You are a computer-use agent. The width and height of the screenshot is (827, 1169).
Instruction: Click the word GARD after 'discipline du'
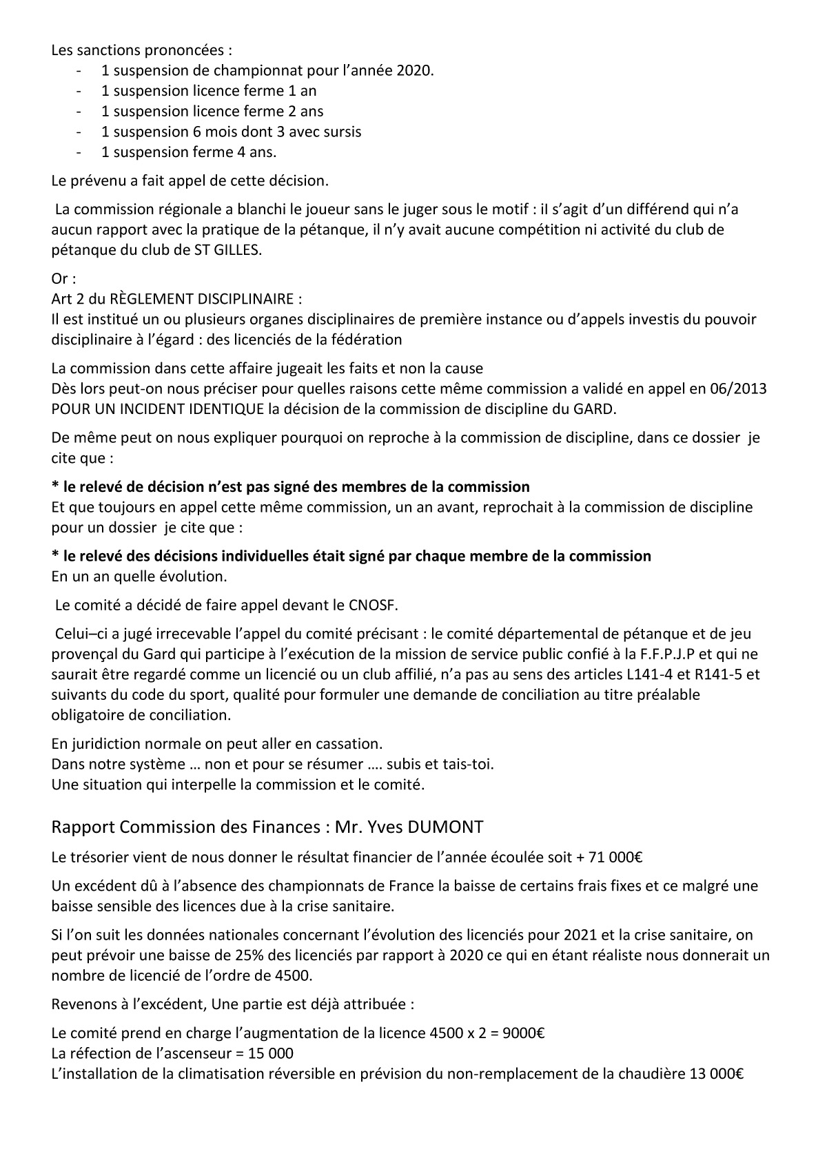[x=595, y=408]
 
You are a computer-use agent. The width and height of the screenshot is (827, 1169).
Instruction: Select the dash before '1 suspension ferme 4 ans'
[x=82, y=152]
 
